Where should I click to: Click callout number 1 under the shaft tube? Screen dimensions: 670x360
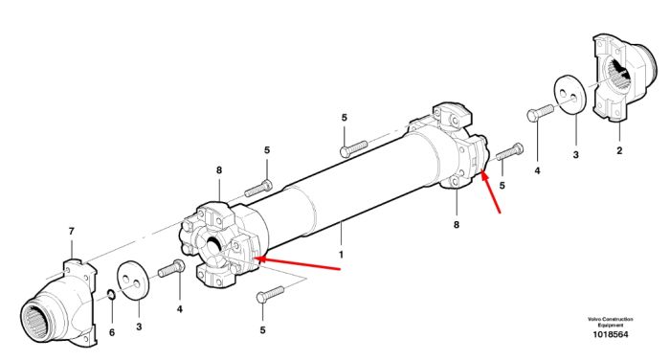(341, 255)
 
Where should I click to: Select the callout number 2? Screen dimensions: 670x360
(619, 150)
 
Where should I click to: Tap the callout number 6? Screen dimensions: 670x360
(112, 332)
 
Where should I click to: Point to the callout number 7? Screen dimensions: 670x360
(72, 232)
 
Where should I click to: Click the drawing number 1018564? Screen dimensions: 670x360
(611, 335)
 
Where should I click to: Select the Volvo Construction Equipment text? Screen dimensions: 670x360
(611, 322)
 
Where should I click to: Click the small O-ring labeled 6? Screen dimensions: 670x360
(111, 294)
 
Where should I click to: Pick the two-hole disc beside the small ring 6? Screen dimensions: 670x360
(133, 281)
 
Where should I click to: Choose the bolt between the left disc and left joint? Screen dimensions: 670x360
(171, 268)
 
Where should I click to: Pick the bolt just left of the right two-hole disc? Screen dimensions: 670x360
(540, 113)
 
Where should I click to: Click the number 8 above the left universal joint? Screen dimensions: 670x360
(219, 170)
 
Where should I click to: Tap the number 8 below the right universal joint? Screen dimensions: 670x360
(457, 224)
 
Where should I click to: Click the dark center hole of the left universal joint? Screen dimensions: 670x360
(213, 247)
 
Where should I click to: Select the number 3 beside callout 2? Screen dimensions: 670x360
(575, 155)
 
